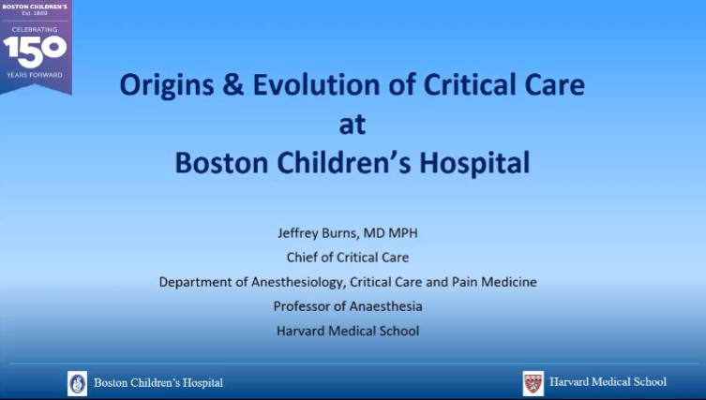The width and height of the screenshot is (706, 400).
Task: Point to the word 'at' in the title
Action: point(352,125)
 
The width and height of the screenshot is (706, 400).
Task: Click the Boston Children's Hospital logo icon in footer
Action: point(77,382)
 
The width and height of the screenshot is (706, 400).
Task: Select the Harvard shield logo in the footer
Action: point(533,382)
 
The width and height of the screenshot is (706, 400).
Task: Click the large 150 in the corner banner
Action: point(36,48)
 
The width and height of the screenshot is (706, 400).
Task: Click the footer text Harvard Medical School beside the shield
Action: point(608,382)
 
